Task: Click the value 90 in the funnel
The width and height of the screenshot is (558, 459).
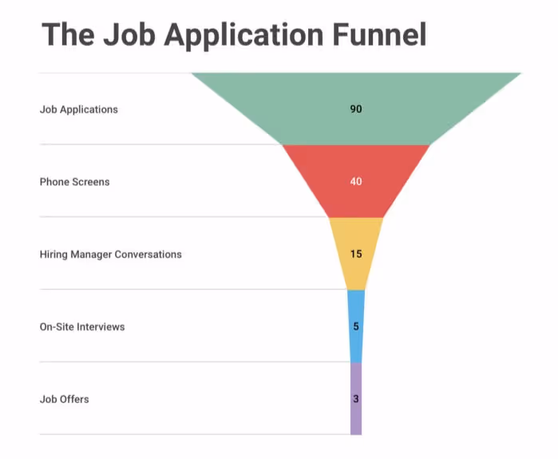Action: [x=356, y=109]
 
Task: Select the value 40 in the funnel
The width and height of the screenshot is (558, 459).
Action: [x=356, y=181]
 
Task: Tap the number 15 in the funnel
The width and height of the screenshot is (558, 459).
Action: [x=356, y=254]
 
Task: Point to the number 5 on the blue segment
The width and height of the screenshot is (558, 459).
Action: [x=356, y=326]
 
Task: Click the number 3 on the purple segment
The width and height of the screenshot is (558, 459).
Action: [x=356, y=398]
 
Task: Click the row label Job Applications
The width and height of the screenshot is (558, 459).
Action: [x=78, y=109]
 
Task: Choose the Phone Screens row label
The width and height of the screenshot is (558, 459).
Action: [x=74, y=182]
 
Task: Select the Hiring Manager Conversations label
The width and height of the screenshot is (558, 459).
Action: [x=110, y=255]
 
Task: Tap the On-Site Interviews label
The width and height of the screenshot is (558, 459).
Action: [x=81, y=327]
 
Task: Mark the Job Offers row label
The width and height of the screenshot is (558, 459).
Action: [x=64, y=399]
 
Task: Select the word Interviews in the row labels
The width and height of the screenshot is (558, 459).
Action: [x=101, y=327]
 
